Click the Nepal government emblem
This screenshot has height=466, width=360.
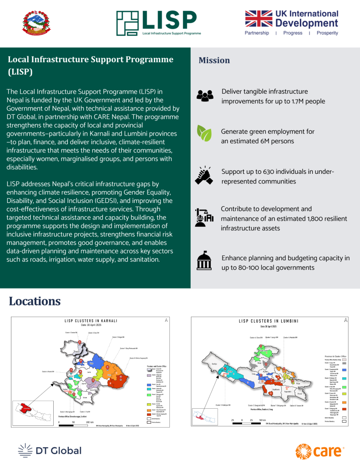38,23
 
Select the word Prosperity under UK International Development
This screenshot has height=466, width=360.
327,33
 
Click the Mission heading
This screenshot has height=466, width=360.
214,61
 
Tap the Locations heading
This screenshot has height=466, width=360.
35,301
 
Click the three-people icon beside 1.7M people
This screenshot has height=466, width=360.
205,96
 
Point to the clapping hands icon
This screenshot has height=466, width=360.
205,175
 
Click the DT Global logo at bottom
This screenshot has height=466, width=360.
50,451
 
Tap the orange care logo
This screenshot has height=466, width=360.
320,451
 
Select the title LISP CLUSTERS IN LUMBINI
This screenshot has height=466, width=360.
269,321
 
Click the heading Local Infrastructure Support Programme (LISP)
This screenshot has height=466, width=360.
91,66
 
